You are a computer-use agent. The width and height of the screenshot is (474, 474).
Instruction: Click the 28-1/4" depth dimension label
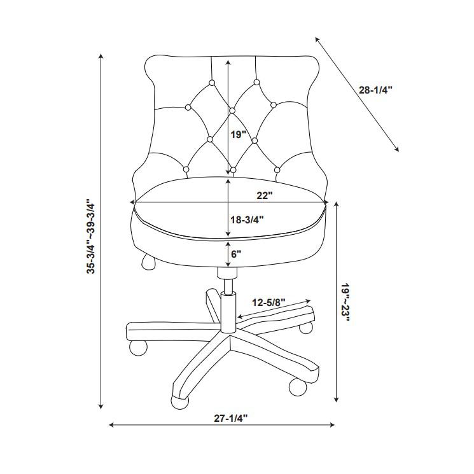coord(375,90)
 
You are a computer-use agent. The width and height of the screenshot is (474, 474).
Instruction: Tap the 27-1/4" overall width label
coord(230,418)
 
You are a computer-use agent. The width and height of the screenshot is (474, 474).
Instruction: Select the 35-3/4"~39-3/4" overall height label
coord(91,237)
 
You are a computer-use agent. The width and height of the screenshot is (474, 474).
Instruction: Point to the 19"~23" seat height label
coord(344,302)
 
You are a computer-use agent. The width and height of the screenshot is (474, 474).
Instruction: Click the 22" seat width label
coord(264,195)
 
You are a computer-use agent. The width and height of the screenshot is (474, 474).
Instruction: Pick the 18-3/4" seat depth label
coord(246,220)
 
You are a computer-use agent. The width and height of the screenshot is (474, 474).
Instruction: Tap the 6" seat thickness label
coord(236,253)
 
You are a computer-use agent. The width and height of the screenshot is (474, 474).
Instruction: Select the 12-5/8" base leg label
coord(268,302)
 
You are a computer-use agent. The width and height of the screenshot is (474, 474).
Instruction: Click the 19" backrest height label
coord(238,135)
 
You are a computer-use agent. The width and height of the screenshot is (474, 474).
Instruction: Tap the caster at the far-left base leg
coord(138,347)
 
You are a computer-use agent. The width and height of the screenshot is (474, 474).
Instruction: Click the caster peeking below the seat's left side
coord(148,261)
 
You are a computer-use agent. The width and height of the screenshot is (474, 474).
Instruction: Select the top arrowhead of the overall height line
coord(101,57)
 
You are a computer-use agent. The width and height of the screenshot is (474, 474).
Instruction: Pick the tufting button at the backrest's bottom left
coord(186,169)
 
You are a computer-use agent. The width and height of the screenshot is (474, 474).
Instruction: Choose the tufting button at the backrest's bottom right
coord(277,169)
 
